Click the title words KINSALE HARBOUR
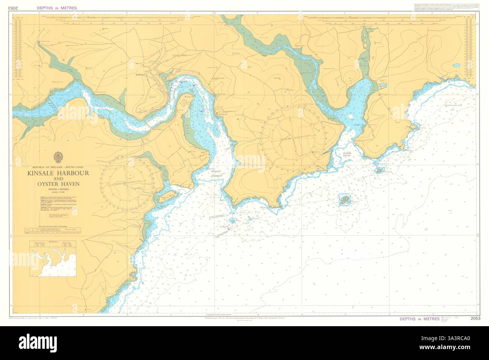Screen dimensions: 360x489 [58, 173]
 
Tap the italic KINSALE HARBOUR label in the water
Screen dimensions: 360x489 [216, 174]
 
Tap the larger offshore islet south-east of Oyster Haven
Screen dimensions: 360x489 [343, 200]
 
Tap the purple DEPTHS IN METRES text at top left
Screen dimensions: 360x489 [57, 8]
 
